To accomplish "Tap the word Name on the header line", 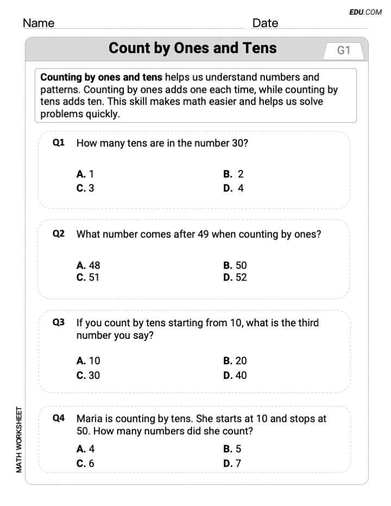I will tap(39, 23).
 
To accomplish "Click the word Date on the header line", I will tap(265, 23).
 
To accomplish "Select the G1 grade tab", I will tap(344, 50).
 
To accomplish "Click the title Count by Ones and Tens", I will tap(192, 48).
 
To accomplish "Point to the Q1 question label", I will tap(59, 143).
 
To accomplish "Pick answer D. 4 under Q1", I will tap(234, 188).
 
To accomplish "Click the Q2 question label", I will tap(59, 234).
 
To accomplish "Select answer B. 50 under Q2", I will tap(235, 265).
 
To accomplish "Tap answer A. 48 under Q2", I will tap(89, 265).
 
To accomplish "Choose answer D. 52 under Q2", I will tap(235, 277).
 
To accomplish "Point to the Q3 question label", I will tap(59, 322).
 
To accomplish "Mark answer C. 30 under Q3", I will tap(89, 375).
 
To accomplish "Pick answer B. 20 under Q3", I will tap(235, 360).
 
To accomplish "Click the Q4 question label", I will tap(59, 418).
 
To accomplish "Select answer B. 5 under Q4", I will tap(232, 449).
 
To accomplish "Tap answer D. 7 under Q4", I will tap(232, 463).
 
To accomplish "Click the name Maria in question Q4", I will tap(89, 419).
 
